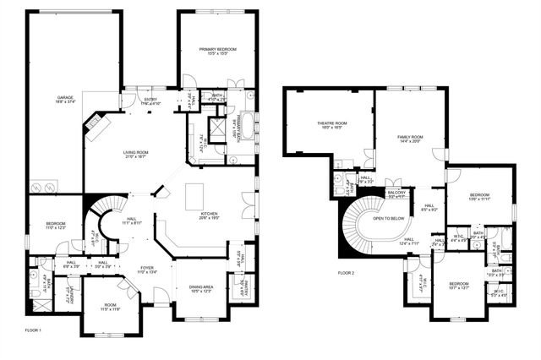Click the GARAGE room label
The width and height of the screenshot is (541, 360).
[65, 99]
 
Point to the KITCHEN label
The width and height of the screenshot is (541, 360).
[210, 215]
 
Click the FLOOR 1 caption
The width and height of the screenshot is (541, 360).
[33, 330]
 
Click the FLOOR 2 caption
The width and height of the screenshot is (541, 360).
[347, 273]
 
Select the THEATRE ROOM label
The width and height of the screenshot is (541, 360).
[332, 125]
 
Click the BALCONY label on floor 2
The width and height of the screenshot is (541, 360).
[396, 194]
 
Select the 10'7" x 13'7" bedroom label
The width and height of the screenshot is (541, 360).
[459, 286]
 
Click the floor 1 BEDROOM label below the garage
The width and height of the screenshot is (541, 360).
[56, 225]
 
